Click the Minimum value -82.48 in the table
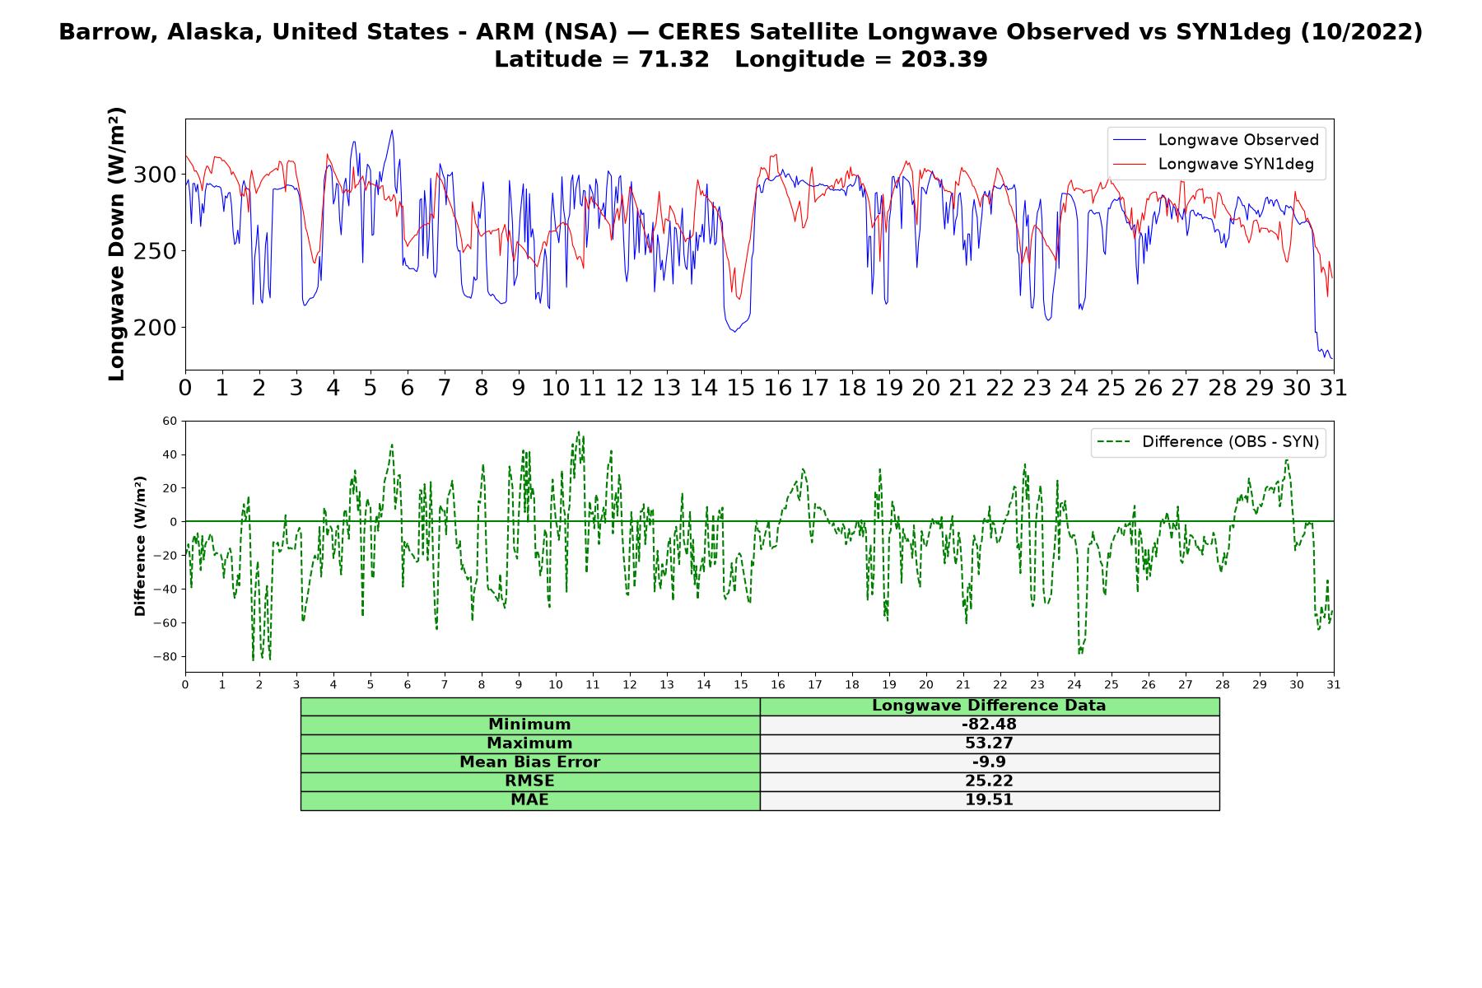point(989,725)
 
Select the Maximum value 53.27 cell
point(989,743)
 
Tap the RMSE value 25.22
point(989,781)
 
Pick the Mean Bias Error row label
point(529,762)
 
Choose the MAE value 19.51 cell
point(989,800)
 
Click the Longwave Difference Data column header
point(989,706)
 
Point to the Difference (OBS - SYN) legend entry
point(1209,442)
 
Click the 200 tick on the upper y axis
point(156,328)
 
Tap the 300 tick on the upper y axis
point(156,175)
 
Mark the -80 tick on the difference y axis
point(165,657)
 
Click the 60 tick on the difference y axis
point(170,421)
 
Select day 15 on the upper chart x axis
point(741,387)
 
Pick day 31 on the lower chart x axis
point(1334,684)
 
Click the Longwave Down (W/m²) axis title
point(117,244)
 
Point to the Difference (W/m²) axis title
point(140,546)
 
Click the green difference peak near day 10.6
point(578,431)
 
